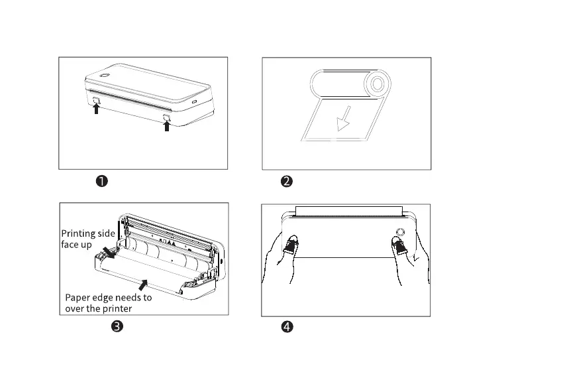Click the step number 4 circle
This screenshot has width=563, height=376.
pyautogui.click(x=287, y=326)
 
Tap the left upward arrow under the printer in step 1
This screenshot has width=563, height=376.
pyautogui.click(x=97, y=109)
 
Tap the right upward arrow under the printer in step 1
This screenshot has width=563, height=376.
pyautogui.click(x=166, y=125)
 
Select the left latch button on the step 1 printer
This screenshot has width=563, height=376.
pyautogui.click(x=97, y=100)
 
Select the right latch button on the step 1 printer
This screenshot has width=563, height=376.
pyautogui.click(x=166, y=117)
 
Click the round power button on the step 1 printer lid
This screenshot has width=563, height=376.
pyautogui.click(x=104, y=75)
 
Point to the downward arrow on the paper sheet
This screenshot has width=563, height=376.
pyautogui.click(x=342, y=121)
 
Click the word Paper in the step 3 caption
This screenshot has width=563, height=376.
pyautogui.click(x=79, y=297)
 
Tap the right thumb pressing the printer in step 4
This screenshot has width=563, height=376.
pyautogui.click(x=399, y=247)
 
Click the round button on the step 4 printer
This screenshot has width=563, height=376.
pyautogui.click(x=399, y=231)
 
